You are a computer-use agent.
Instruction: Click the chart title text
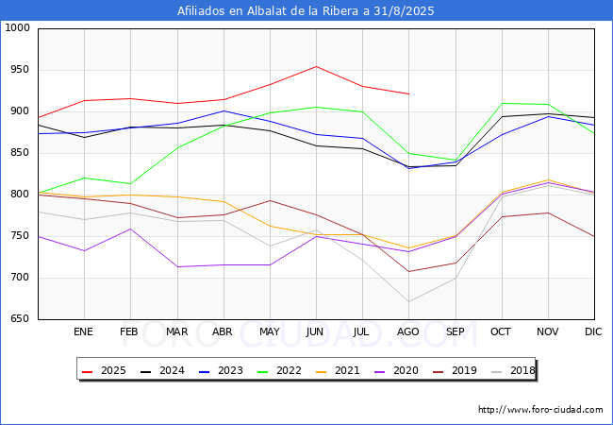point(306,10)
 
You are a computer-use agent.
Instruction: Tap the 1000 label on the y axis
point(15,28)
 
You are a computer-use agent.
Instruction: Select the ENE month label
point(84,332)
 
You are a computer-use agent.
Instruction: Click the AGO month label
point(408,332)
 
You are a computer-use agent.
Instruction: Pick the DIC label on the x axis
point(593,332)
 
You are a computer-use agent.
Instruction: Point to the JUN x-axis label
point(316,332)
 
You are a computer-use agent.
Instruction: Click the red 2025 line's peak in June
point(316,66)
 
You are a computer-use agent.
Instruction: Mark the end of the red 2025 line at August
point(408,93)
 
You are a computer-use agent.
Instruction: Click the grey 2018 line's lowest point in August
point(408,302)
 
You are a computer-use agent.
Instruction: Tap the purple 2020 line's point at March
point(176,266)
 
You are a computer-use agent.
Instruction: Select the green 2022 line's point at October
point(502,103)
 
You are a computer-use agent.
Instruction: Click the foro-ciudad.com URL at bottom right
point(540,410)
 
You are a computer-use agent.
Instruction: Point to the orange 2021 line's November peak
point(548,180)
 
